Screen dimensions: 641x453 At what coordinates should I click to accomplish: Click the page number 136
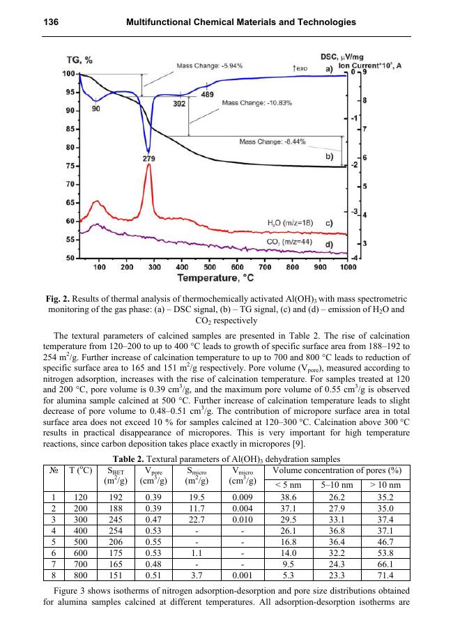click(x=49, y=23)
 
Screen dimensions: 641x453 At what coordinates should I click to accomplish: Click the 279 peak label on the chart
click(x=148, y=159)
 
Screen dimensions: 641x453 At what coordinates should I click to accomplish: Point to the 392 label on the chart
click(x=179, y=104)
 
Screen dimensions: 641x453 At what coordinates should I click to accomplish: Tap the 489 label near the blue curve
click(x=208, y=94)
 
